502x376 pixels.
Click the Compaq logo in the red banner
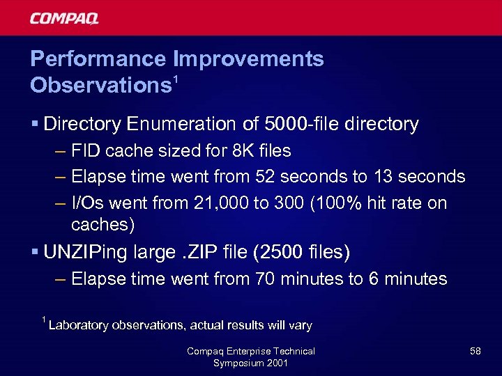click(x=64, y=18)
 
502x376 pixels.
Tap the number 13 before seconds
click(x=383, y=177)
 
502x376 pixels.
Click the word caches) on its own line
click(x=103, y=224)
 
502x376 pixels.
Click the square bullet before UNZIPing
click(x=34, y=251)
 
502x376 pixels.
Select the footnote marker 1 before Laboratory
click(x=44, y=320)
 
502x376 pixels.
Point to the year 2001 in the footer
click(x=275, y=363)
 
